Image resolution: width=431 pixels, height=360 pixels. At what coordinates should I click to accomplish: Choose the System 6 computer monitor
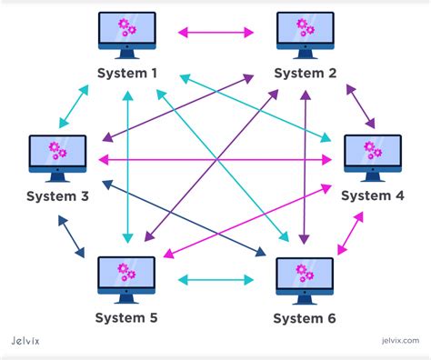coord(305,278)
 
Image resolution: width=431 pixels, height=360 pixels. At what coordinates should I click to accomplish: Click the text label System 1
coord(128,75)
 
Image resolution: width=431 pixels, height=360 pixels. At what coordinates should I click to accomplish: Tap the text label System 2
coord(306,75)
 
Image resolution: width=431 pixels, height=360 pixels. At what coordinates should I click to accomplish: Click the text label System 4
coord(373,195)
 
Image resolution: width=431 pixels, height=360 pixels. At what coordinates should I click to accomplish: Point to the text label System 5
coord(128,317)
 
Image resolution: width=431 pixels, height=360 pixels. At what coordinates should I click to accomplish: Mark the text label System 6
coord(306,317)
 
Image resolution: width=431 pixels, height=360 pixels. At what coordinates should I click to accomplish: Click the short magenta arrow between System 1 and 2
coord(216,33)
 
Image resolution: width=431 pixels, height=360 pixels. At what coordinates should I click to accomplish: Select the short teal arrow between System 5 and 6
coord(216,277)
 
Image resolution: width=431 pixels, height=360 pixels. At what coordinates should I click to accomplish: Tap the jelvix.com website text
coord(396,344)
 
